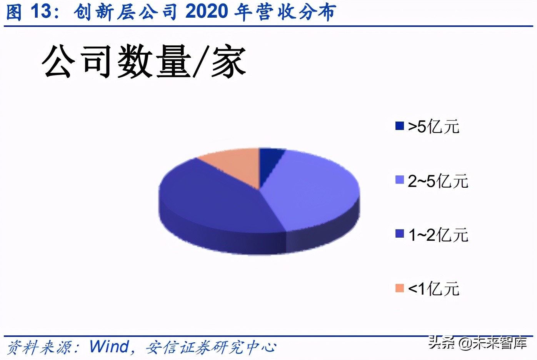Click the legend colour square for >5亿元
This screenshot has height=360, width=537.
pyautogui.click(x=400, y=126)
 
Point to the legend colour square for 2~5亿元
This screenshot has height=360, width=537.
pyautogui.click(x=400, y=180)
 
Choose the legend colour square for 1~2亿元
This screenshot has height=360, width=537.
pyautogui.click(x=400, y=234)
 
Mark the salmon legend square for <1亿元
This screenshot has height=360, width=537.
pyautogui.click(x=400, y=288)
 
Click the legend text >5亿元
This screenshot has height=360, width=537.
pyautogui.click(x=434, y=127)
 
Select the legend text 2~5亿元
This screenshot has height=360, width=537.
pyautogui.click(x=438, y=181)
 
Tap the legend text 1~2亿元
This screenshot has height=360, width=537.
pyautogui.click(x=438, y=235)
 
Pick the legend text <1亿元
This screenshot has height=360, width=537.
pyautogui.click(x=434, y=289)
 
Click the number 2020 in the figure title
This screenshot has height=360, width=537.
pyautogui.click(x=207, y=12)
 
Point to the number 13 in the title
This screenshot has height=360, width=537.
pyautogui.click(x=41, y=12)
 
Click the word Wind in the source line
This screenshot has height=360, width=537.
pyautogui.click(x=109, y=347)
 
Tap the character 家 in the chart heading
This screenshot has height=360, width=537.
pyautogui.click(x=228, y=62)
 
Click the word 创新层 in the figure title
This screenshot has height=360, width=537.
pyautogui.click(x=104, y=12)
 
